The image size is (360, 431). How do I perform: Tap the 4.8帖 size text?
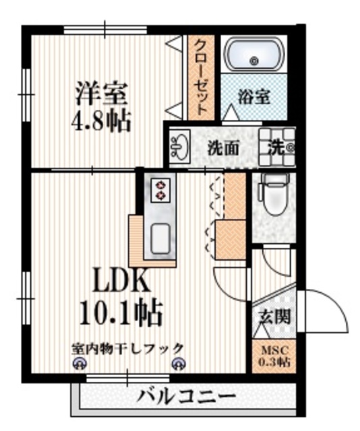(101, 121)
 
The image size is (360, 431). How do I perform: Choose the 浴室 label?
(254, 97)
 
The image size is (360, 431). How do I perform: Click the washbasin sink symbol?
(181, 145)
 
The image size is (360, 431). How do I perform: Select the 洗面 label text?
(222, 146)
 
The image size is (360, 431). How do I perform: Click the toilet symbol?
(274, 195)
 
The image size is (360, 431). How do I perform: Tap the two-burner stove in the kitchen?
(162, 189)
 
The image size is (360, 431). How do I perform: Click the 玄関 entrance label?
(275, 316)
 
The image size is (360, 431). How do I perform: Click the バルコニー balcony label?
(186, 396)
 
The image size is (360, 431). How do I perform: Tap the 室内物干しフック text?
(128, 348)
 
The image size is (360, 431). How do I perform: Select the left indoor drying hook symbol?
(78, 364)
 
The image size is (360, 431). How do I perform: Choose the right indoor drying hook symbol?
(177, 364)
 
